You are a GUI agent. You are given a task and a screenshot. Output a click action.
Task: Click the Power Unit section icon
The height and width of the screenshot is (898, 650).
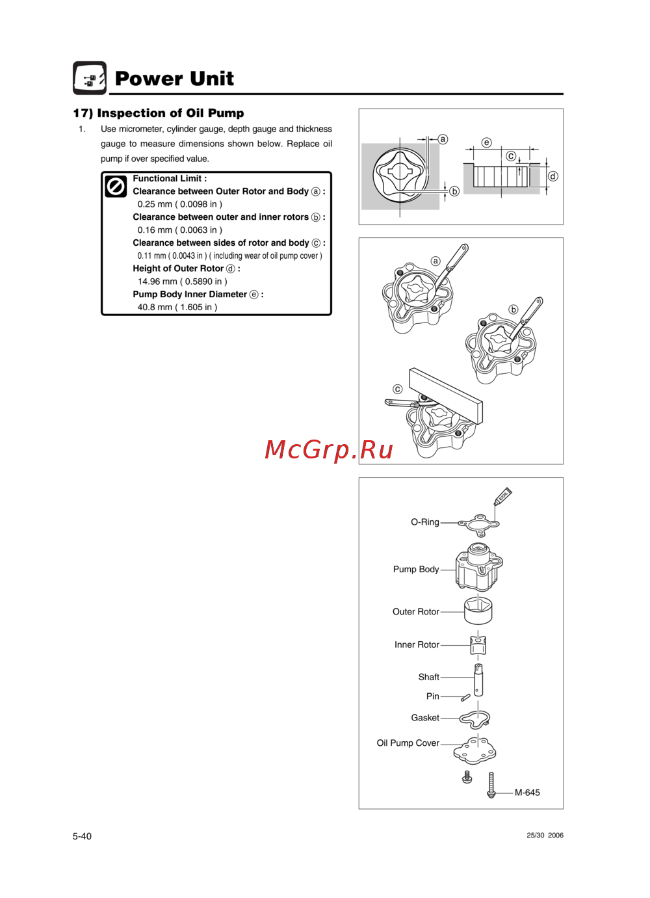click(90, 78)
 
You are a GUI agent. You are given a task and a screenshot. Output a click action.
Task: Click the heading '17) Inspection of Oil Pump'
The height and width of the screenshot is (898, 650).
click(159, 113)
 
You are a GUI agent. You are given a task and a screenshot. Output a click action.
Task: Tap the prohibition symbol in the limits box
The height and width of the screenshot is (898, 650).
click(116, 187)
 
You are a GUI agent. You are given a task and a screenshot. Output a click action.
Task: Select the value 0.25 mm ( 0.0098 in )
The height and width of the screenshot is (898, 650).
click(179, 204)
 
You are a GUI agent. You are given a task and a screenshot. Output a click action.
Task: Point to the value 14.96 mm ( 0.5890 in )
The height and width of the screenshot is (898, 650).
click(182, 282)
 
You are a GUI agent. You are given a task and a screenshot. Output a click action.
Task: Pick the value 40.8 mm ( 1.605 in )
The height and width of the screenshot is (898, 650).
click(177, 307)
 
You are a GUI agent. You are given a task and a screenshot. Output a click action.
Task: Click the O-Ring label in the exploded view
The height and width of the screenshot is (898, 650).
click(424, 522)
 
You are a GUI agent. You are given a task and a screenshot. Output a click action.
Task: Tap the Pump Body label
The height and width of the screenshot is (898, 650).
click(416, 569)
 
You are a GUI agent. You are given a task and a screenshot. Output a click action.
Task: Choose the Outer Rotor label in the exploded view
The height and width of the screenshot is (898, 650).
click(415, 612)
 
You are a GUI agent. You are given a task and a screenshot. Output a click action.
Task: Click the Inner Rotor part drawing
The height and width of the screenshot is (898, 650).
click(478, 644)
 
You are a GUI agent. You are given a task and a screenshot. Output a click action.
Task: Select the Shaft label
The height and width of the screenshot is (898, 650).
click(428, 677)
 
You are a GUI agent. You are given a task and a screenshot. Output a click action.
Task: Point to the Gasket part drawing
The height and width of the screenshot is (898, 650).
click(474, 718)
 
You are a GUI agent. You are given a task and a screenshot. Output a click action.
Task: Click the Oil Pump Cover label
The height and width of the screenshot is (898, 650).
click(408, 743)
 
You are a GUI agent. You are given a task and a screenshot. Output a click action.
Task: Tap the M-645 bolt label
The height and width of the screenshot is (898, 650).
click(527, 793)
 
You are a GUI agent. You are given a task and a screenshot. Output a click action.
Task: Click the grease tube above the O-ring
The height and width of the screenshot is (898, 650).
click(503, 496)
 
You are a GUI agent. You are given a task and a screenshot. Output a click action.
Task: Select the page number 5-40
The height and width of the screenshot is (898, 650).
click(82, 836)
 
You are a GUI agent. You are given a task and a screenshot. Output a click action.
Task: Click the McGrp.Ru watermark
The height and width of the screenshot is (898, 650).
click(329, 449)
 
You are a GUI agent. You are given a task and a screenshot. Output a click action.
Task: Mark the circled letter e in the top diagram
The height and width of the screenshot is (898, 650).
click(486, 142)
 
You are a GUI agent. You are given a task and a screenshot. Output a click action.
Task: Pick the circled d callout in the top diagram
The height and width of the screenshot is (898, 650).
click(553, 176)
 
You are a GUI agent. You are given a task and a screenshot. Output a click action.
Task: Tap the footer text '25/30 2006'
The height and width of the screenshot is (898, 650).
click(545, 836)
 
